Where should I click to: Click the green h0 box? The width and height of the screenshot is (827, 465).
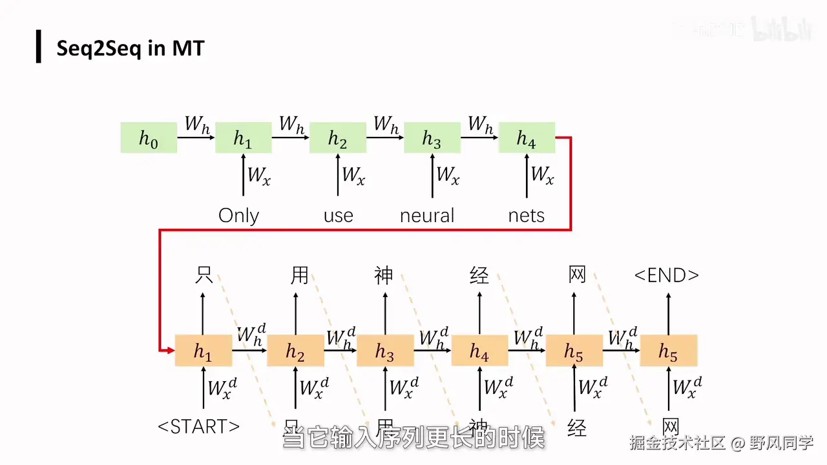(x=149, y=138)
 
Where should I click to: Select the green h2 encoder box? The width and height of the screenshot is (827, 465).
(x=338, y=138)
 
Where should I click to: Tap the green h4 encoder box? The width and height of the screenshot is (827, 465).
(x=527, y=138)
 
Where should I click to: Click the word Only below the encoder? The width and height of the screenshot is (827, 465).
(x=238, y=215)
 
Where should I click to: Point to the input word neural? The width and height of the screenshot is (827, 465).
(x=427, y=215)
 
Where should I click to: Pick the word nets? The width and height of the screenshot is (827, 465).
(x=527, y=215)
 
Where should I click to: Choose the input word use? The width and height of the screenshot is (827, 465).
(x=338, y=215)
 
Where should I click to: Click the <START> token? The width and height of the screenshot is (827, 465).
(x=198, y=426)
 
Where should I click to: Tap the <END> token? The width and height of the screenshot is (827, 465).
(x=666, y=276)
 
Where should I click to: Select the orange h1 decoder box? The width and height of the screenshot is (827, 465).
(x=204, y=351)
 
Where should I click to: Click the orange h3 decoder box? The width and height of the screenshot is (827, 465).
(x=385, y=351)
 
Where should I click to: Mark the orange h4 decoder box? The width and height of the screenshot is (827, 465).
(x=479, y=351)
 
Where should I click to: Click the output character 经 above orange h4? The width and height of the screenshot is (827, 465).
(x=479, y=276)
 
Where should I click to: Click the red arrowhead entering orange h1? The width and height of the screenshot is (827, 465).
(x=171, y=350)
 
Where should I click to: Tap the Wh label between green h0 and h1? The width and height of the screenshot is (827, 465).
(x=197, y=124)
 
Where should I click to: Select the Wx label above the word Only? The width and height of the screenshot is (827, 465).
(x=258, y=175)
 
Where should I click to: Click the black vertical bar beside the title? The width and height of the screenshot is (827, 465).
(x=39, y=46)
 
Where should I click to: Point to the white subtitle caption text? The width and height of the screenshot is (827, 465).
(x=413, y=439)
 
